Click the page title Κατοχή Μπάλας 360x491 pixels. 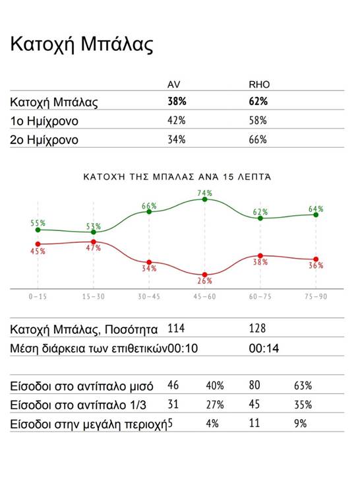click(82, 45)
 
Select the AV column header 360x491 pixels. click(174, 84)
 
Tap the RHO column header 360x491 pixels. click(259, 84)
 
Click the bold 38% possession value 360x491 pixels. click(177, 102)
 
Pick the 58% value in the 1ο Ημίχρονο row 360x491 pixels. click(258, 121)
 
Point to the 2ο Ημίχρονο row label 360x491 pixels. click(44, 140)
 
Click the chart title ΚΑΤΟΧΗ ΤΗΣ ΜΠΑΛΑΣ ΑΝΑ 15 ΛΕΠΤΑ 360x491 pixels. click(177, 177)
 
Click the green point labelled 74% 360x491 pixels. click(204, 199)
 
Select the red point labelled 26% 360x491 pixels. click(204, 275)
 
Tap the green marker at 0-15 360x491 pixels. click(38, 230)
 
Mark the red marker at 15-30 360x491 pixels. click(93, 242)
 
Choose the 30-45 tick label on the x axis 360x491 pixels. click(149, 296)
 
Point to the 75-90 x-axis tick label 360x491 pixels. click(316, 296)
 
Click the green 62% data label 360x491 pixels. click(260, 212)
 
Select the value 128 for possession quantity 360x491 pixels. click(257, 329)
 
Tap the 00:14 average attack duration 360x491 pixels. click(264, 348)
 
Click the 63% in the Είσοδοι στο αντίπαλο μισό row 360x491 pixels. click(303, 385)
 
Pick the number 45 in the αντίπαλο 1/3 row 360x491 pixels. click(255, 405)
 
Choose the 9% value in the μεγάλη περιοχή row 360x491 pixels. click(300, 424)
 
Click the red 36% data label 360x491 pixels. click(316, 265)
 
